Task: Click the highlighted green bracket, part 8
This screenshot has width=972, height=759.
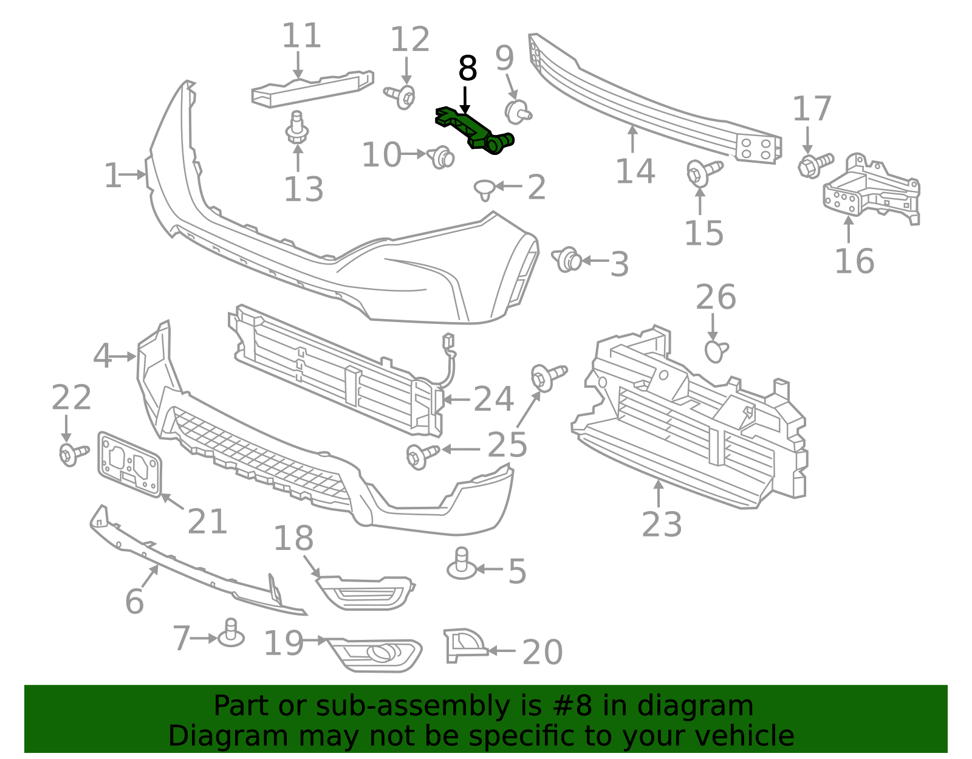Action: tap(474, 130)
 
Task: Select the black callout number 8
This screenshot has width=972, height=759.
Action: tap(467, 69)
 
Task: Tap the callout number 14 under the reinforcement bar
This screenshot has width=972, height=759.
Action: tap(635, 171)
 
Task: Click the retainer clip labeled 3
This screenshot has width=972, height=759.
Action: tap(567, 260)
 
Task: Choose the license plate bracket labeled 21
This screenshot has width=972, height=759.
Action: tap(129, 465)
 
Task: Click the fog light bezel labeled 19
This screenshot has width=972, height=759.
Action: tap(375, 655)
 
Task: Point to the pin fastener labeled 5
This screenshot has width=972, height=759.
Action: tap(462, 564)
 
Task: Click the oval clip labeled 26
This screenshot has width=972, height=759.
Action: tap(716, 351)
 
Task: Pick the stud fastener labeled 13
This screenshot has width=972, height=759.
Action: tap(297, 127)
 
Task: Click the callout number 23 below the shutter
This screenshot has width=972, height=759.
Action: tap(662, 524)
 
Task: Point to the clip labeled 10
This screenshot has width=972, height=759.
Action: tap(440, 157)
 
